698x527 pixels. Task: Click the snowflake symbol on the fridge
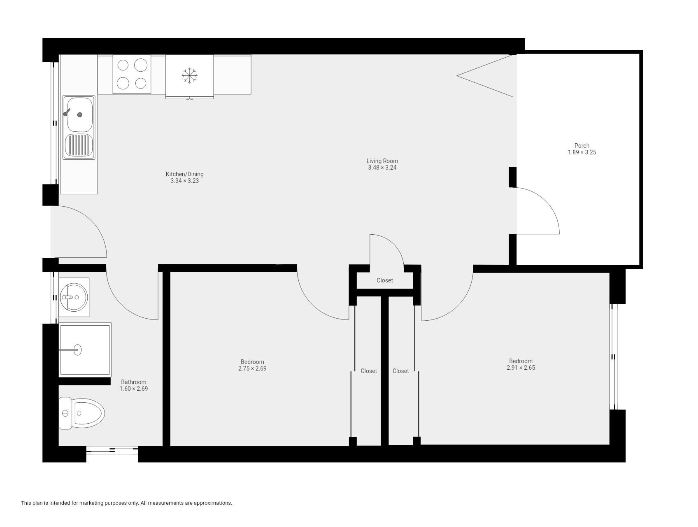click(189, 76)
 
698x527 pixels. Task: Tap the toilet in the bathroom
click(81, 413)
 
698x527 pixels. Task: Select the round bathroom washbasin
click(74, 296)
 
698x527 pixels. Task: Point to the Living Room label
click(382, 161)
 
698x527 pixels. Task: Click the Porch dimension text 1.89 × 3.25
click(582, 152)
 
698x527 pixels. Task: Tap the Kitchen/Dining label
click(184, 174)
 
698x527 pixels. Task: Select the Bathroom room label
click(133, 382)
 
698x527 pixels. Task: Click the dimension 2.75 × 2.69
click(252, 369)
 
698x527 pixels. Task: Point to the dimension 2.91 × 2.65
click(521, 368)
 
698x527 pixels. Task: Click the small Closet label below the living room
click(385, 280)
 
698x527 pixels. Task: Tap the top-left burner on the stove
click(123, 65)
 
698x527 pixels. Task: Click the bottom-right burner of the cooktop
click(141, 83)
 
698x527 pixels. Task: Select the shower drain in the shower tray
click(77, 350)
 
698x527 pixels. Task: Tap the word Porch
click(582, 146)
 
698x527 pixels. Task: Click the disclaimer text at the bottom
click(126, 503)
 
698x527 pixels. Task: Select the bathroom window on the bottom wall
click(112, 450)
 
